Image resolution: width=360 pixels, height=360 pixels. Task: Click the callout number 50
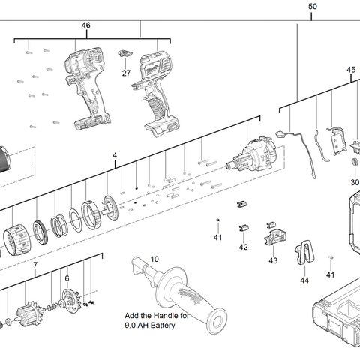[313, 7]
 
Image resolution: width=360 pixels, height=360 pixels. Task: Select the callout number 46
[85, 25]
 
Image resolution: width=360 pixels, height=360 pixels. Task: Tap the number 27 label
[126, 73]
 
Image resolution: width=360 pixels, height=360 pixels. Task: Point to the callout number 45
[351, 70]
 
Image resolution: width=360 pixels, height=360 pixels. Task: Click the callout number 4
[115, 155]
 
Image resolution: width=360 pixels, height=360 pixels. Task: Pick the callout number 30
[355, 182]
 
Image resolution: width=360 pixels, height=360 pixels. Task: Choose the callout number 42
[243, 247]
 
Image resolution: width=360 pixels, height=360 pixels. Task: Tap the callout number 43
[273, 260]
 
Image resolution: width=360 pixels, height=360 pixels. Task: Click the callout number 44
[304, 280]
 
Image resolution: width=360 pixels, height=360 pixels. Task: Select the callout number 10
[154, 259]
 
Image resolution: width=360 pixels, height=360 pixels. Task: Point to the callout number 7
[35, 265]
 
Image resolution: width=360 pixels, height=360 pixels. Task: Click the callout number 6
[67, 278]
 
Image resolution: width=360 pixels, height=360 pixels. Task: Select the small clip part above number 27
[125, 53]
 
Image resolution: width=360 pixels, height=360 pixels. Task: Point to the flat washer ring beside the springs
[76, 219]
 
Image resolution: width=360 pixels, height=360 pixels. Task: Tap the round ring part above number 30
[355, 162]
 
